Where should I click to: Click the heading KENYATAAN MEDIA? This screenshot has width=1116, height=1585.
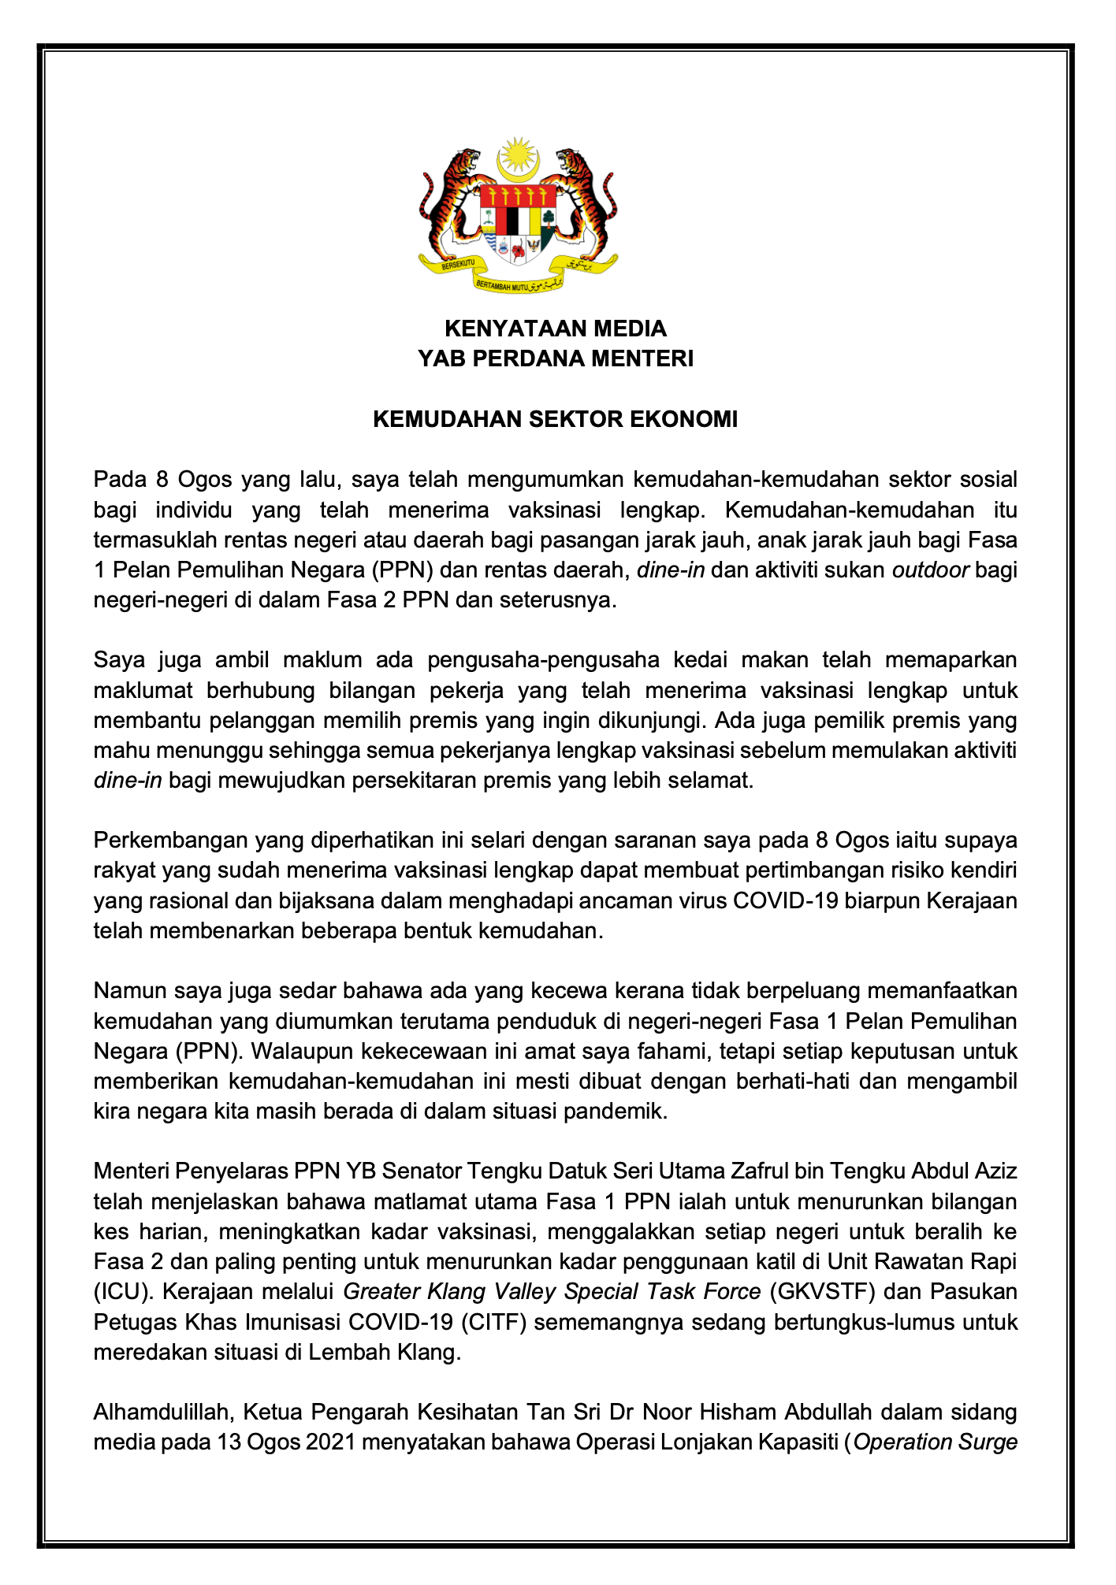[x=556, y=328]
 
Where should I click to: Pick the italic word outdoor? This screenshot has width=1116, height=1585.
[x=930, y=570]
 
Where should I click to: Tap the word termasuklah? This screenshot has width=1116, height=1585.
[x=147, y=540]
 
